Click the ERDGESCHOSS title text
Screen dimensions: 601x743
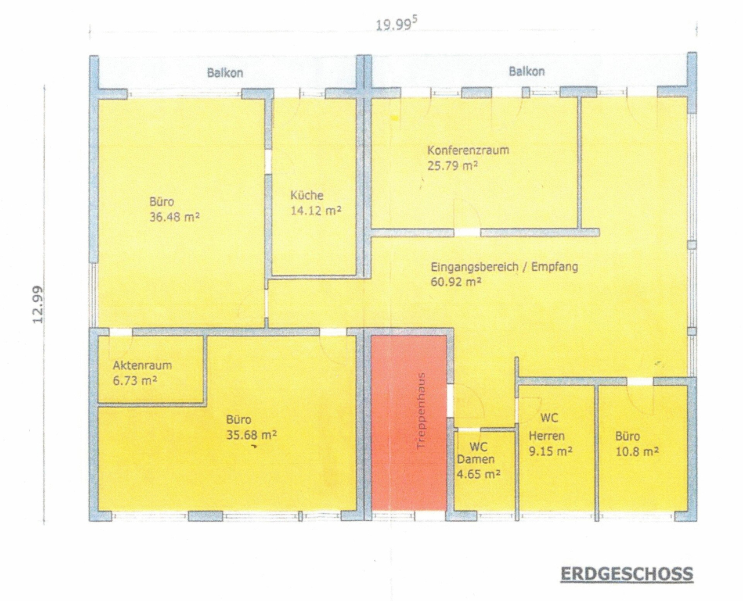click(x=626, y=574)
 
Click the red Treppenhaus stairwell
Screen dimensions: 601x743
click(x=409, y=422)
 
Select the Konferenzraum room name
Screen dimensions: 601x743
click(x=468, y=150)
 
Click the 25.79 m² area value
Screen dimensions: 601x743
click(x=452, y=166)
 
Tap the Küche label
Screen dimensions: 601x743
click(x=306, y=195)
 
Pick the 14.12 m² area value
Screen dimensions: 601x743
click(x=316, y=210)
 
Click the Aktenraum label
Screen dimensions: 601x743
click(x=142, y=366)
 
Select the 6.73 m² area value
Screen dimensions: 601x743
click(x=135, y=381)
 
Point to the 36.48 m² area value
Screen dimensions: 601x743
click(x=174, y=217)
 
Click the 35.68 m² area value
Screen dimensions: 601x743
click(x=251, y=435)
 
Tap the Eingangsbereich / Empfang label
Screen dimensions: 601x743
click(x=504, y=267)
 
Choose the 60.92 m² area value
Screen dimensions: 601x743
click(x=456, y=282)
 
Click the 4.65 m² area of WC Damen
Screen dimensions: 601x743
click(x=478, y=474)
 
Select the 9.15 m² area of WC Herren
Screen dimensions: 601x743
click(x=550, y=451)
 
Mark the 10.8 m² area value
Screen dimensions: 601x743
click(x=637, y=451)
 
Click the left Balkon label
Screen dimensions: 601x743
click(x=225, y=73)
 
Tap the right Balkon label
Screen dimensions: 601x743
click(x=526, y=71)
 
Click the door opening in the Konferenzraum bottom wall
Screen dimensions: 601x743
click(x=467, y=232)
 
